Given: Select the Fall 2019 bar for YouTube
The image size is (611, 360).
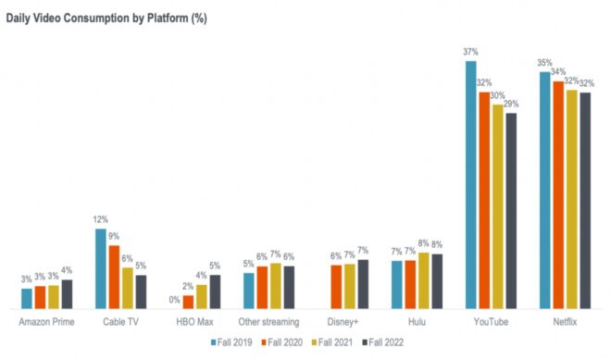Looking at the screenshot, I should pos(471,185).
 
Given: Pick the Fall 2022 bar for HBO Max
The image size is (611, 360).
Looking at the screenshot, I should pos(215,292).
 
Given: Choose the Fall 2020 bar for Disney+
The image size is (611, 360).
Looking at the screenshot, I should pos(336,287).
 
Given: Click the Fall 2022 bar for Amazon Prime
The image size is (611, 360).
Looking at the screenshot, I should pos(67,294).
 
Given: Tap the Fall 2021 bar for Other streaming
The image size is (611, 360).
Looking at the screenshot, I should pos(275,286).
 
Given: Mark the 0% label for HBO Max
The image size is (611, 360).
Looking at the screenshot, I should pos(175,300).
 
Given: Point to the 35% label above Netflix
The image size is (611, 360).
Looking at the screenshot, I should pos(545,63).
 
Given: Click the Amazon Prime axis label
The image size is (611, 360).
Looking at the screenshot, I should pos(46,321).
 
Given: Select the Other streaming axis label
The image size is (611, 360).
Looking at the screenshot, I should pos(268,321).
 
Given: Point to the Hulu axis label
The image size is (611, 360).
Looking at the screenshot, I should pos(417,321).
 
